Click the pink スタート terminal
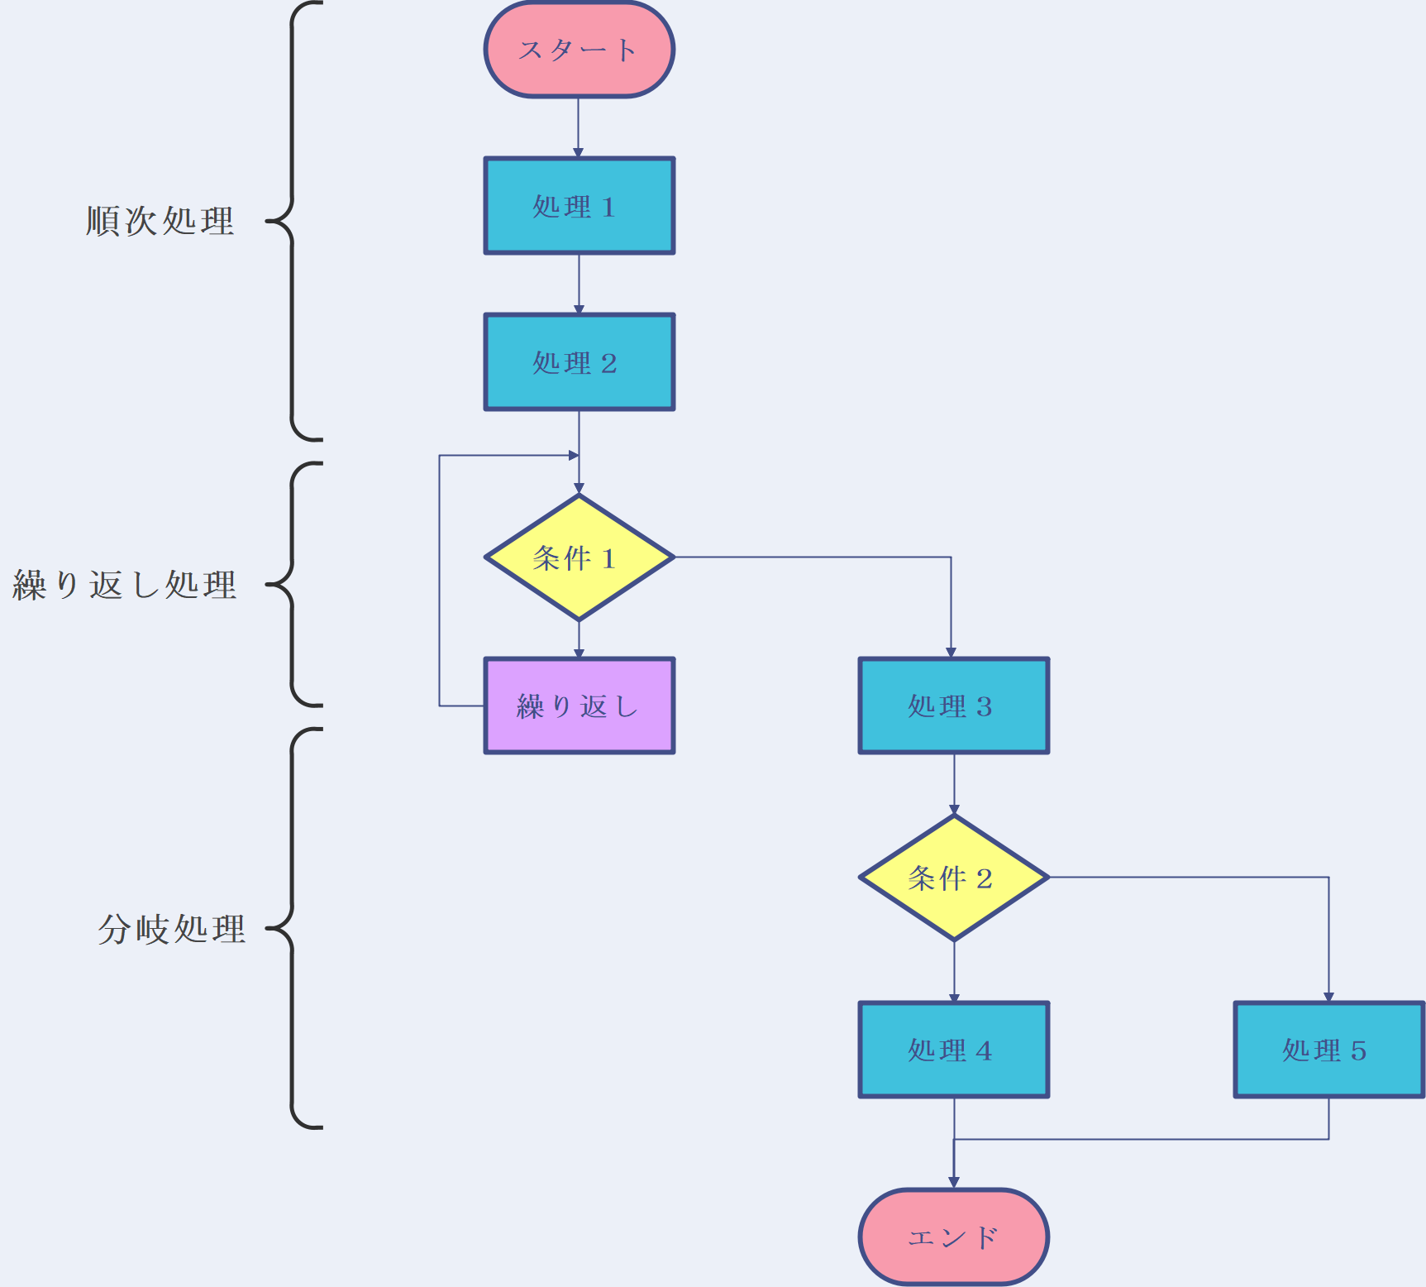tap(579, 50)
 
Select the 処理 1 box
tap(579, 206)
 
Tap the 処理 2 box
tap(579, 362)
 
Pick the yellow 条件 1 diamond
tap(579, 558)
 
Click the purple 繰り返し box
tap(579, 706)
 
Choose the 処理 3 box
tap(954, 706)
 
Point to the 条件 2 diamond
tap(954, 878)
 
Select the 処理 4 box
tap(954, 1050)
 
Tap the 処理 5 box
tap(1328, 1050)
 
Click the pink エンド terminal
tap(954, 1237)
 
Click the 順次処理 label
tap(160, 221)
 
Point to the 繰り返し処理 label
tap(125, 585)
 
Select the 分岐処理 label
tap(172, 929)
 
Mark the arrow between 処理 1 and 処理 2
tap(579, 283)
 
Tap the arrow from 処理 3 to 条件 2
tap(954, 783)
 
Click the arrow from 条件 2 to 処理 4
tap(954, 971)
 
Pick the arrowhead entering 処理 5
tap(1328, 997)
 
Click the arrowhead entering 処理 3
tap(951, 653)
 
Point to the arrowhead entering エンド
tap(954, 1183)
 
